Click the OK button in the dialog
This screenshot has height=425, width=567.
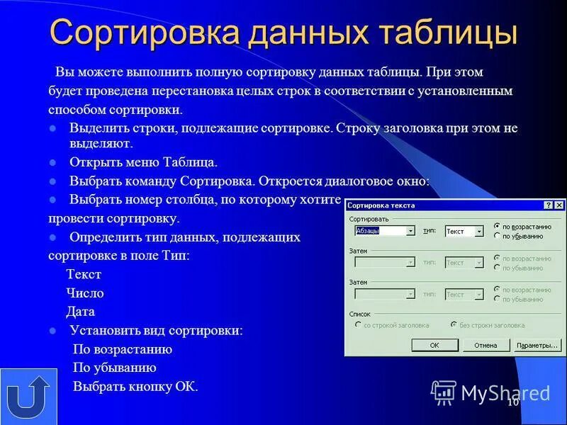(434, 345)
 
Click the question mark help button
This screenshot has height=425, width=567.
(548, 205)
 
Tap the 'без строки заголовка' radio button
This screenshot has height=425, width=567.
(454, 325)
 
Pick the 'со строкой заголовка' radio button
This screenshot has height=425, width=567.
(358, 325)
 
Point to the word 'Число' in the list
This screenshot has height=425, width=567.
(85, 293)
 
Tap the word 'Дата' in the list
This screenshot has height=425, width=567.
(80, 311)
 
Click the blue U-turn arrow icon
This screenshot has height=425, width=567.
(28, 397)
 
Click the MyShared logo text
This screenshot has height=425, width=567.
(505, 392)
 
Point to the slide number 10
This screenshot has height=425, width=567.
(512, 402)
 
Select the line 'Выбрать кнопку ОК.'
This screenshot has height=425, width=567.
(135, 386)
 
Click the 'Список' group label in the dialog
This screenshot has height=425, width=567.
(360, 314)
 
